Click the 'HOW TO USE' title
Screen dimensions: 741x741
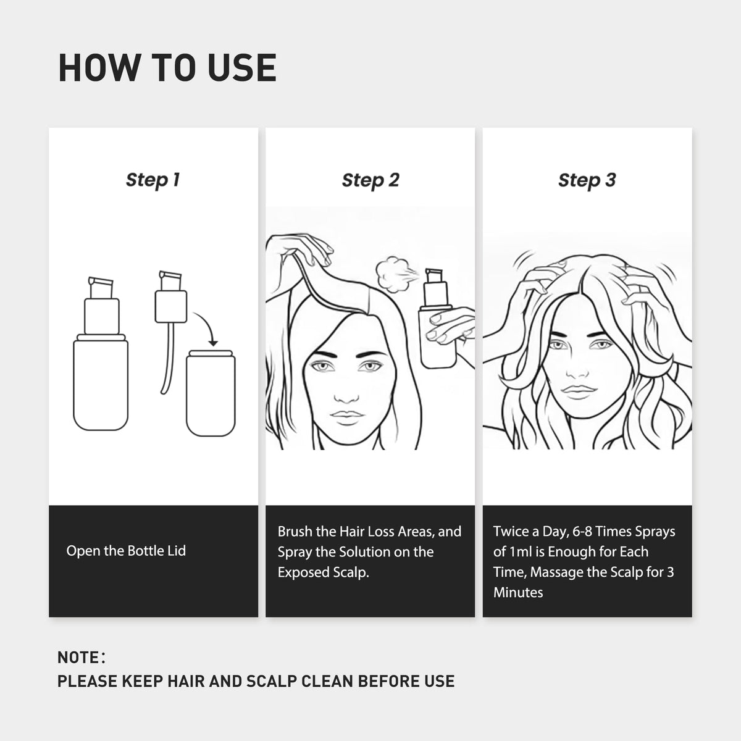167,68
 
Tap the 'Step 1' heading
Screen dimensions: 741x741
153,180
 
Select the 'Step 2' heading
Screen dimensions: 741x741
371,180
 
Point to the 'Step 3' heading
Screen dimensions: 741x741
587,180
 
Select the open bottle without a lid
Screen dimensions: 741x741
211,393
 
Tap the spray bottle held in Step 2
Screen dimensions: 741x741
438,319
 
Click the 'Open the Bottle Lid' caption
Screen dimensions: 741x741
126,551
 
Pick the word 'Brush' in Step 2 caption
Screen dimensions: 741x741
294,532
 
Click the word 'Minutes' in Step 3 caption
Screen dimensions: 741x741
518,592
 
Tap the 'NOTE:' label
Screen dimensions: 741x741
81,658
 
